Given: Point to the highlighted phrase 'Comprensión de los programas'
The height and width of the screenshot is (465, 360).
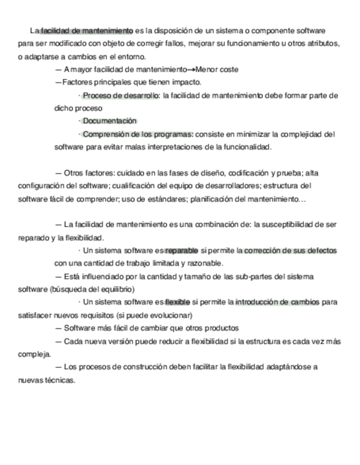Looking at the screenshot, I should click(138, 134).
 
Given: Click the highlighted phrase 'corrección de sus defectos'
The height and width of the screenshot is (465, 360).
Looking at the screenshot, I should click(290, 251).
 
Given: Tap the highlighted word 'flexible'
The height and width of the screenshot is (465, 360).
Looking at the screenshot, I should click(177, 302).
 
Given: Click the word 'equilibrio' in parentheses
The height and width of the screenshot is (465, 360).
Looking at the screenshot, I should click(115, 289).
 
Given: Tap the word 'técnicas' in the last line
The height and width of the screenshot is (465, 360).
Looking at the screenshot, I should click(59, 380).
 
